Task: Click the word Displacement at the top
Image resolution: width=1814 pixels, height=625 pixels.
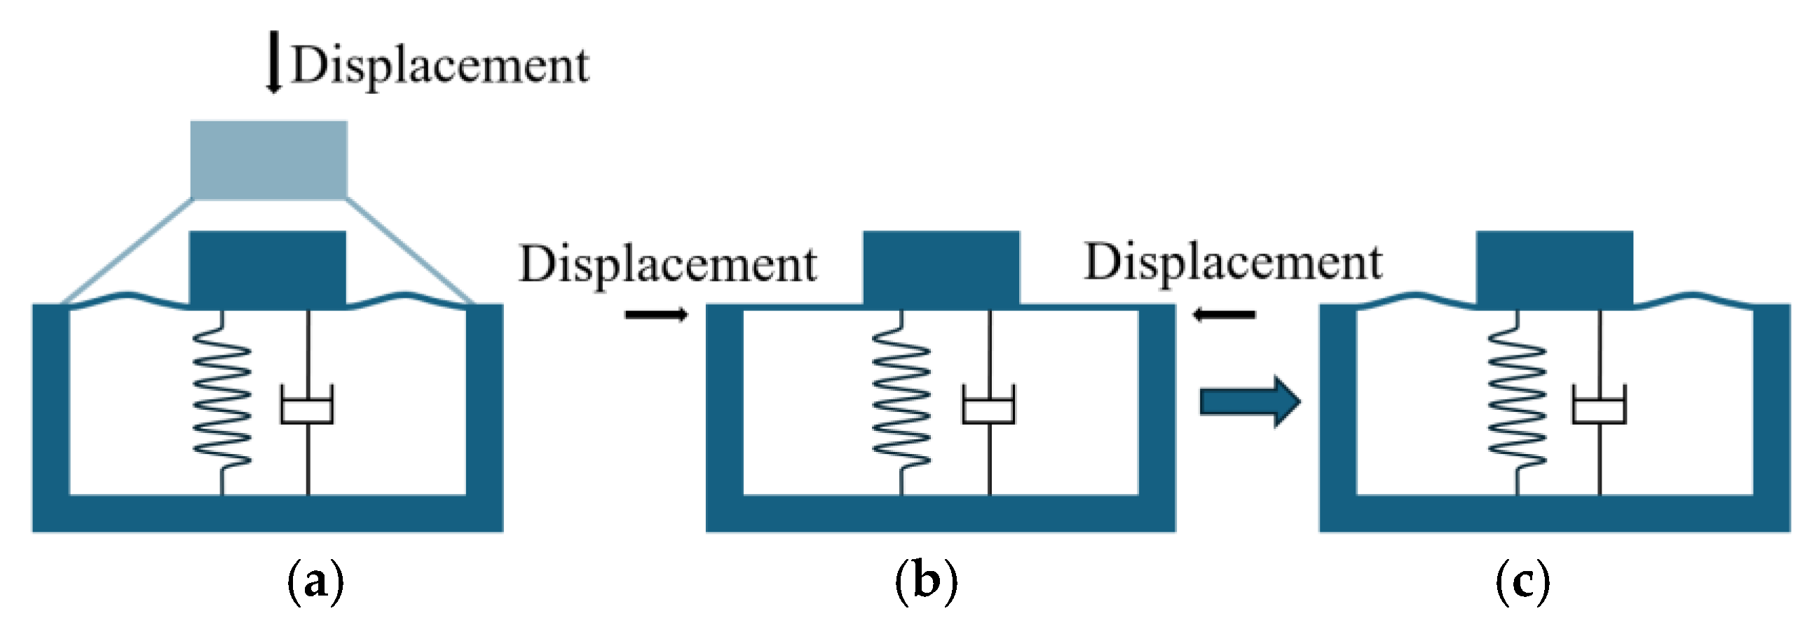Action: (440, 66)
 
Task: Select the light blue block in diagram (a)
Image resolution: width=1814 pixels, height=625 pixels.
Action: (269, 160)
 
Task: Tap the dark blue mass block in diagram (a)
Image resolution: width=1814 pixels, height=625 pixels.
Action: (268, 270)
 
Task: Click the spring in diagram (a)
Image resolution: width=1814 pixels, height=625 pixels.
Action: (221, 405)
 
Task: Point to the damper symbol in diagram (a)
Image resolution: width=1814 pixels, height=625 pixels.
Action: (307, 405)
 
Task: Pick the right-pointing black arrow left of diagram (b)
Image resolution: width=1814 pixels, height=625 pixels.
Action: (655, 315)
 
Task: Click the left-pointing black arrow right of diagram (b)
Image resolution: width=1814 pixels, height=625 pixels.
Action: (1223, 315)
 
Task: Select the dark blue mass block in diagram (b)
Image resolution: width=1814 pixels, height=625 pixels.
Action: (941, 268)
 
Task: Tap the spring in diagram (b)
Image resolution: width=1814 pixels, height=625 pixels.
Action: (901, 405)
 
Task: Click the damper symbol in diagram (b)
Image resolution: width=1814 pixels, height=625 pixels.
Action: (989, 405)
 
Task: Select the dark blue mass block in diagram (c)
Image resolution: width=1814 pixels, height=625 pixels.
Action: (1554, 268)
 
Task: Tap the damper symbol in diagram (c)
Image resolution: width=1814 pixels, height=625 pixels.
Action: (1600, 405)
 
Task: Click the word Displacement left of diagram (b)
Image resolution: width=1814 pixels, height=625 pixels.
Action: (667, 266)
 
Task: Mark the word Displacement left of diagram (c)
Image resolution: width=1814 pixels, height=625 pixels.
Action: (1233, 263)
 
